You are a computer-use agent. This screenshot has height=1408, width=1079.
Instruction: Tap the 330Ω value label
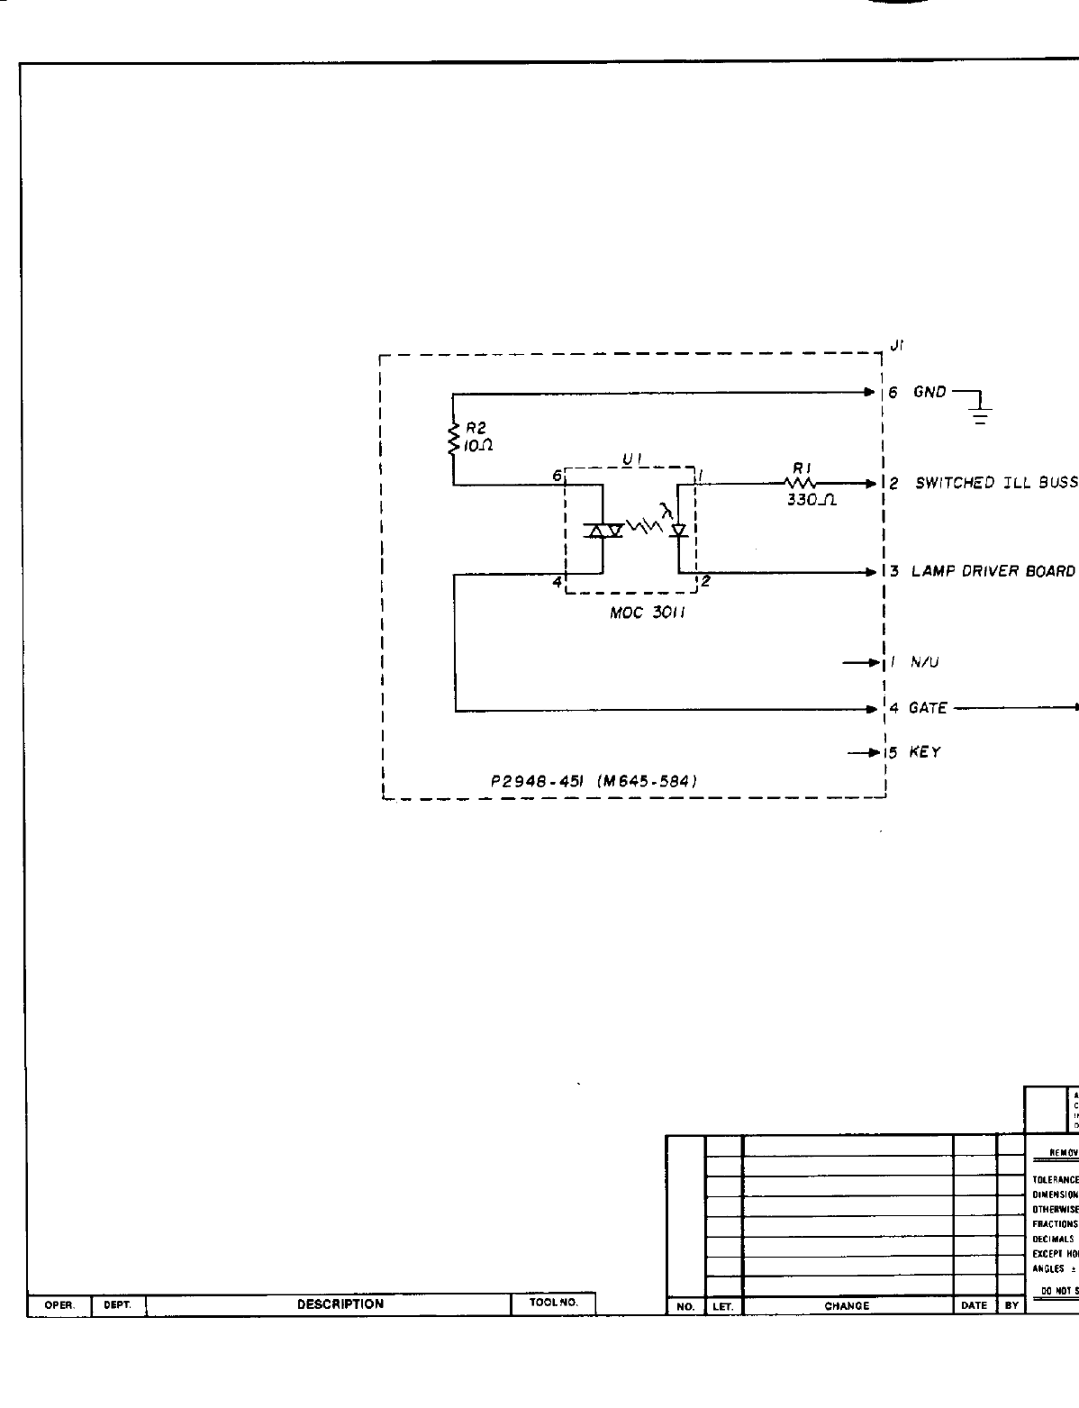[812, 501]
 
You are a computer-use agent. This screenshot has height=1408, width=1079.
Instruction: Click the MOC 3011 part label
[643, 619]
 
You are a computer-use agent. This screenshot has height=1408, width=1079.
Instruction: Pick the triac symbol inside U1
[603, 530]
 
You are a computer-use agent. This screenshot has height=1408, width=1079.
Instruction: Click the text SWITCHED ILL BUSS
[996, 483]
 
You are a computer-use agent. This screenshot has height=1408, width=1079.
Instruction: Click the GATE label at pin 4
[928, 708]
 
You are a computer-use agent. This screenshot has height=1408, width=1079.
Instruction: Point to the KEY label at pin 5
[925, 752]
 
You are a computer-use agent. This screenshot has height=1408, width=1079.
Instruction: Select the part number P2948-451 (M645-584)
[594, 781]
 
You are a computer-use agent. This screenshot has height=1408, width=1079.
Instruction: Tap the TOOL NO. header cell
[553, 1304]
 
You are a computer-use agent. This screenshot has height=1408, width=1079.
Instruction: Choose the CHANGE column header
[847, 1306]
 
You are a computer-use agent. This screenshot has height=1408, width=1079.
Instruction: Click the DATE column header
[975, 1306]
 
